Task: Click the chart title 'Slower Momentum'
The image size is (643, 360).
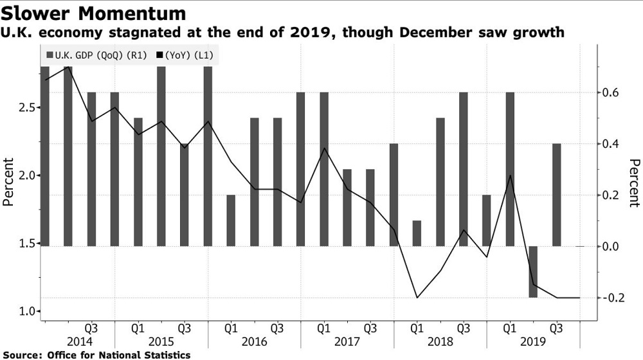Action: tap(94, 13)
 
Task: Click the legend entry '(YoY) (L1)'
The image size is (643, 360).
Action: tap(191, 55)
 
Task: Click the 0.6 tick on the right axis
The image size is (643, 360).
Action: tap(610, 93)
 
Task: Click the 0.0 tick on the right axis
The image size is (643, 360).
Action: tap(610, 246)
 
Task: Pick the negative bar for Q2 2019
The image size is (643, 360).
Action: tap(533, 271)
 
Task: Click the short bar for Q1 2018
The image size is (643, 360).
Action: tap(417, 233)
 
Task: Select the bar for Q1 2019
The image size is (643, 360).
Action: tap(510, 169)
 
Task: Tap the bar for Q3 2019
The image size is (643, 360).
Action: tap(556, 194)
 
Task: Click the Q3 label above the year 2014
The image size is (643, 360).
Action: tap(91, 327)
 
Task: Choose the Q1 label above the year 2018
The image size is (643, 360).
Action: tap(417, 327)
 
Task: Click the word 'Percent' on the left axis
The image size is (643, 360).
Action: tap(8, 182)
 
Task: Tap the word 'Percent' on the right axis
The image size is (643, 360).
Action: tap(634, 183)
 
